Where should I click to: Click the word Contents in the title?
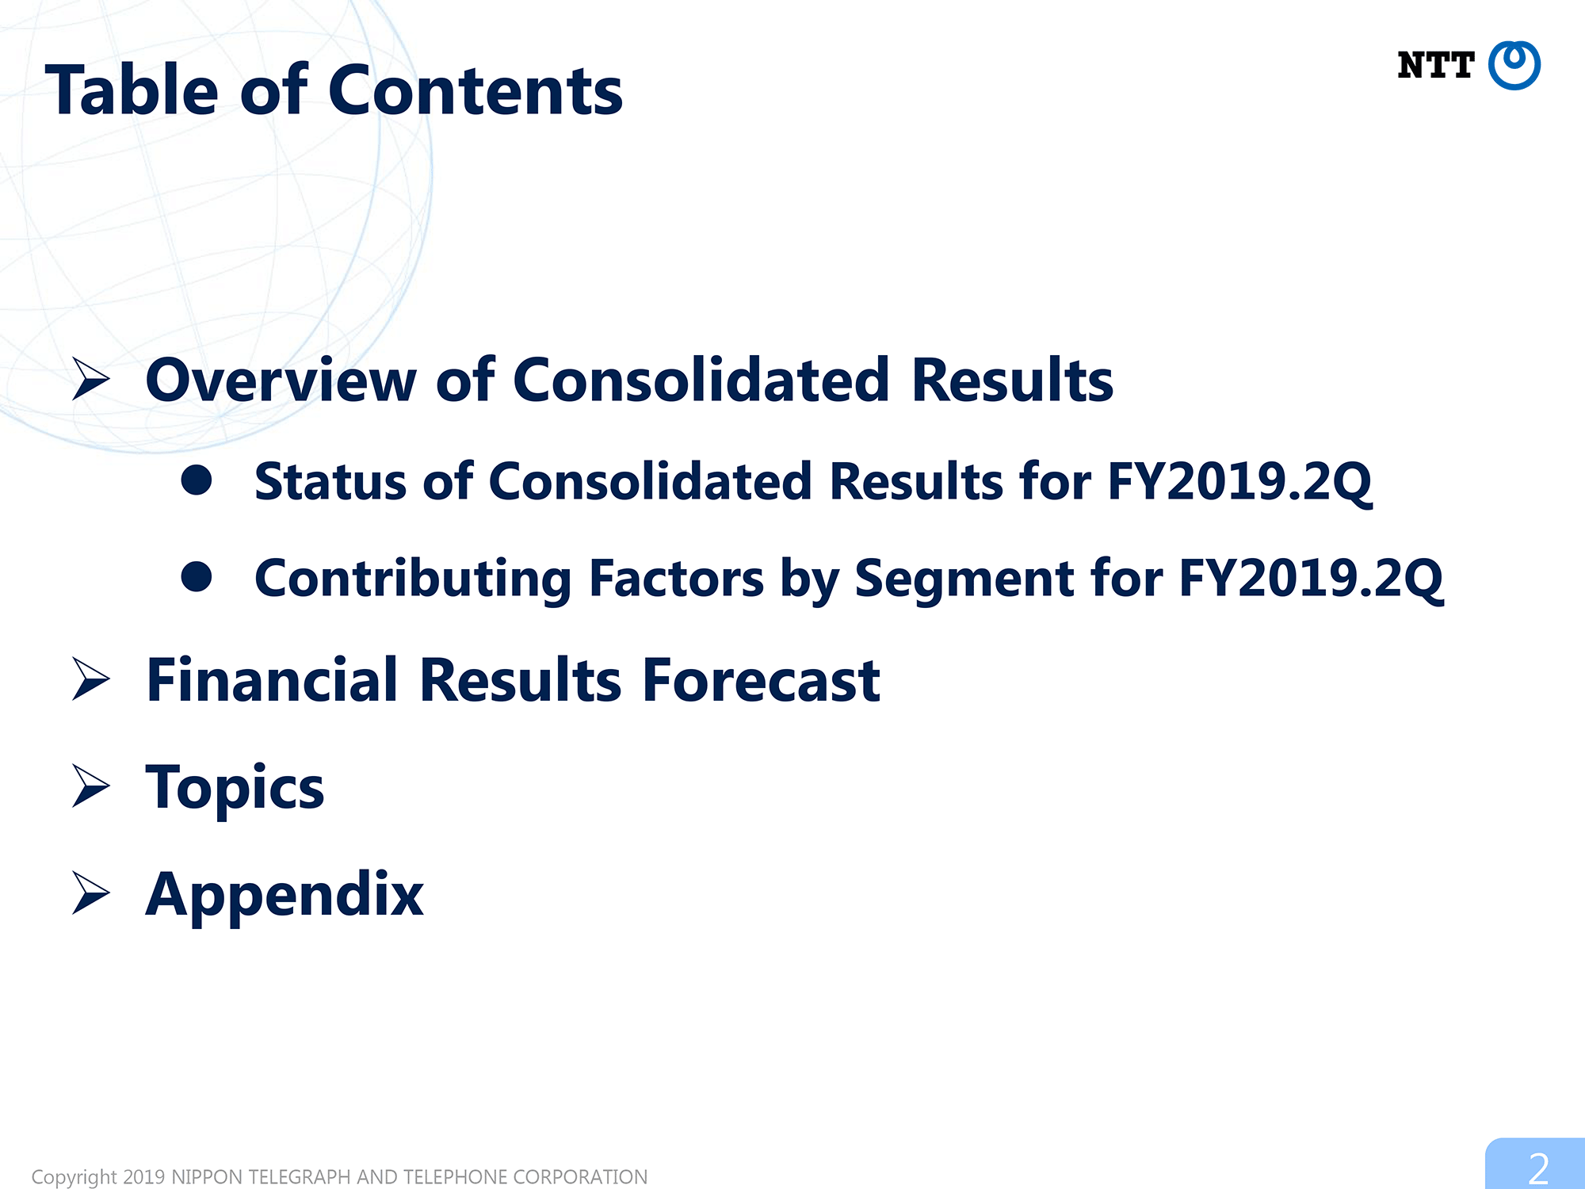(x=475, y=90)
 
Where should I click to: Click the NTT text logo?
(x=1435, y=65)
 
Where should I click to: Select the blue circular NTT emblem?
(x=1514, y=65)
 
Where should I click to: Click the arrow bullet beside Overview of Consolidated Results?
(x=90, y=379)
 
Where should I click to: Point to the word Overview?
(x=281, y=380)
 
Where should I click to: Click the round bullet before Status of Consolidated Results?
(x=197, y=480)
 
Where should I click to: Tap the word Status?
(x=330, y=481)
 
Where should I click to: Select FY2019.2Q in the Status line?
(x=1239, y=482)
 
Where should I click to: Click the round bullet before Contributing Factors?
(x=197, y=577)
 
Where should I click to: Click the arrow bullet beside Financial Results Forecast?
(x=90, y=679)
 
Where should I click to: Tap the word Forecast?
(x=761, y=680)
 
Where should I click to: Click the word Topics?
(x=235, y=788)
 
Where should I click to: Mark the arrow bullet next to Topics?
(x=90, y=786)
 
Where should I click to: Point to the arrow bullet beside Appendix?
(x=90, y=893)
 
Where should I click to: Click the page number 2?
(x=1538, y=1168)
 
